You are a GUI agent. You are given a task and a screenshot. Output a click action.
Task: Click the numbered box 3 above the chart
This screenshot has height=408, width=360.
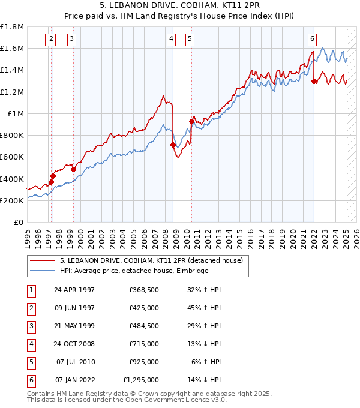pos(71,40)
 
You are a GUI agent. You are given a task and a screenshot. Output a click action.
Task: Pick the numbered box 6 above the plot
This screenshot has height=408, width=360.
pos(313,40)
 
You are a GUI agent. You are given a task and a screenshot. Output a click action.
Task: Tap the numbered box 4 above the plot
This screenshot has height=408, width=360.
pos(172,40)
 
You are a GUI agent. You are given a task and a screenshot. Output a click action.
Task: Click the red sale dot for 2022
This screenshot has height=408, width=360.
pos(314,82)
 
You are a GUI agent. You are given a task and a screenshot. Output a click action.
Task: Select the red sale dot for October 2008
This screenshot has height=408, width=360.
pos(173,145)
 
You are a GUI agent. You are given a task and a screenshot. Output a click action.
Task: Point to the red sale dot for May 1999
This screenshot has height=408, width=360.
pos(73,170)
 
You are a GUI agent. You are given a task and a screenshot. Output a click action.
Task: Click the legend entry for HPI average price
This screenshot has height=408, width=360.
pos(133,271)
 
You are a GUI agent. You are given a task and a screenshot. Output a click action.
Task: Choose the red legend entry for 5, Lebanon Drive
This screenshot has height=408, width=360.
pos(151,261)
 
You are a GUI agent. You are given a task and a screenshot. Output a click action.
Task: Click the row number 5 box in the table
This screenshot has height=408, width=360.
pos(31,362)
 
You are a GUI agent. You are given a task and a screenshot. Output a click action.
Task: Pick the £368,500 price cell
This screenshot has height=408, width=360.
pos(143,290)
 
